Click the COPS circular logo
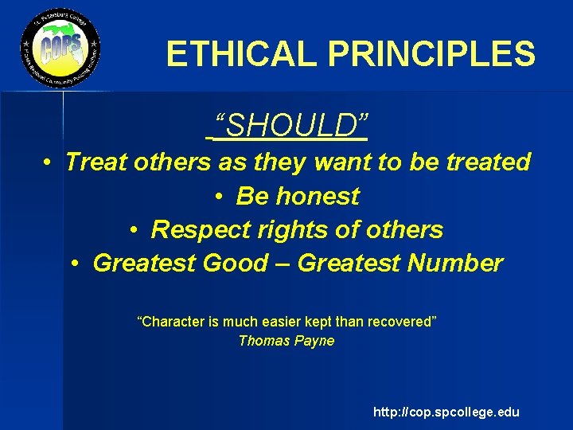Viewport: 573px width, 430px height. [60, 50]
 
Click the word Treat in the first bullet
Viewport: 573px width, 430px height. [95, 162]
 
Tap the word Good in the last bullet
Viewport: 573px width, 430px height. [236, 263]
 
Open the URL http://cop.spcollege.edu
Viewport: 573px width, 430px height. [446, 412]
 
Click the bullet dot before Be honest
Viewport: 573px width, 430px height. [219, 197]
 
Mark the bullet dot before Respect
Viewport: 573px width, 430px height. [134, 230]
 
